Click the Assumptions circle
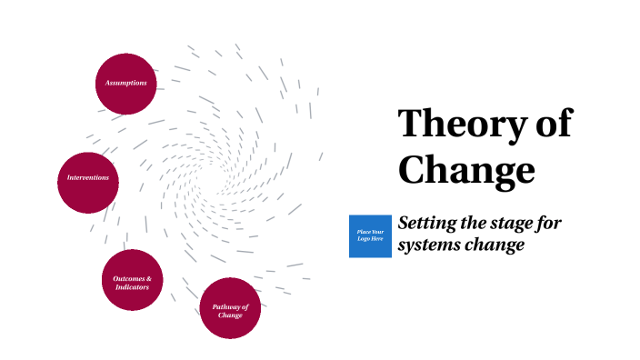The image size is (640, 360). coord(126,84)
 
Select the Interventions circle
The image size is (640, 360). coord(88,177)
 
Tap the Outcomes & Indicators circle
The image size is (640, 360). coord(133,280)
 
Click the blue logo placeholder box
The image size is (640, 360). coord(370,236)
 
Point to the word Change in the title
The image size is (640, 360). coord(467,169)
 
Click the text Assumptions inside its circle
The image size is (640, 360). coord(126,84)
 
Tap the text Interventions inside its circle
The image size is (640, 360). coord(88,177)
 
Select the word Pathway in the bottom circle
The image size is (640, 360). coord(230,306)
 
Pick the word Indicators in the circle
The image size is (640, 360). coord(132,287)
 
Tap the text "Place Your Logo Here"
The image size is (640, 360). coord(370,236)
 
